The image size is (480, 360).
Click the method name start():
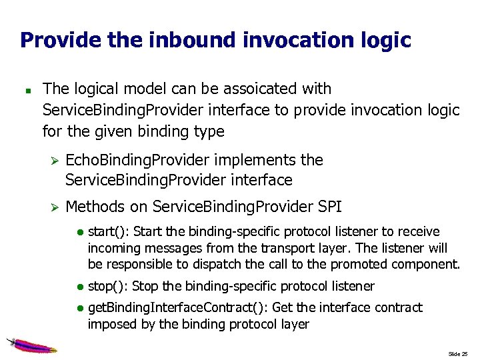point(109,232)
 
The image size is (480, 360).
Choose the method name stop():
point(108,287)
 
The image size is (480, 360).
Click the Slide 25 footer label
point(458,353)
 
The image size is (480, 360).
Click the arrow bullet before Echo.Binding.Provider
point(55,161)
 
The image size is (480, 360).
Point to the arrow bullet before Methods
point(55,207)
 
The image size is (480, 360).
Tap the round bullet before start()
point(79,233)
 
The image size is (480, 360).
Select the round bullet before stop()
point(79,287)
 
